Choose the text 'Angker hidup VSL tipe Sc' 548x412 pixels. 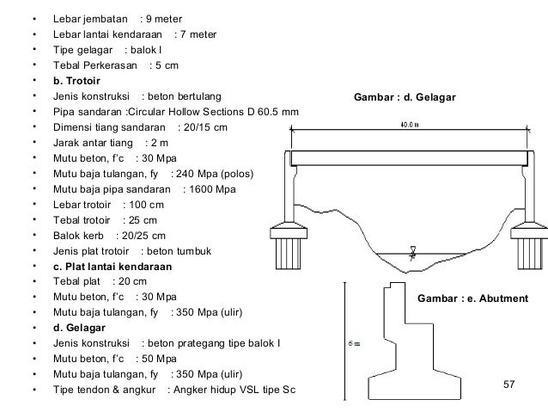click(x=231, y=390)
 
